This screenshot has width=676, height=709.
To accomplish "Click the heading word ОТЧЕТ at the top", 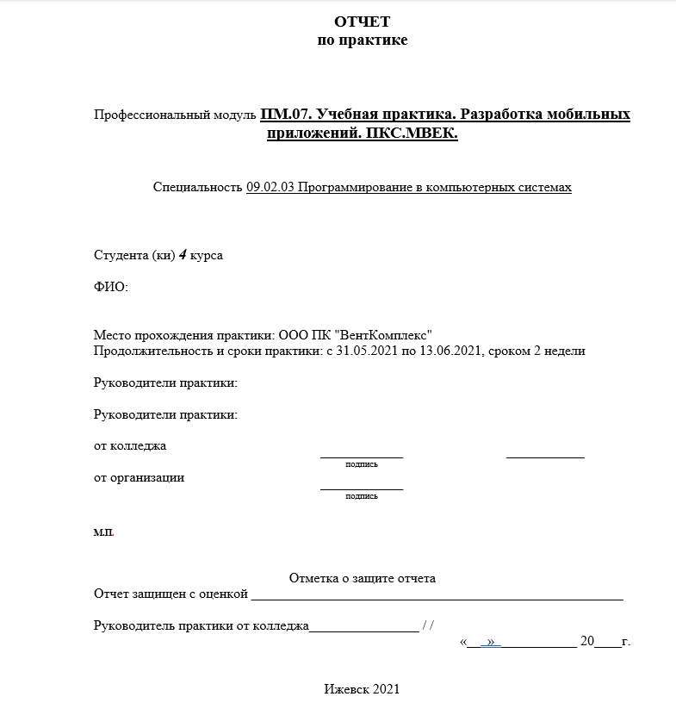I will pyautogui.click(x=362, y=22).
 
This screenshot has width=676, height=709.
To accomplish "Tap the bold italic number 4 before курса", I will pyautogui.click(x=183, y=256).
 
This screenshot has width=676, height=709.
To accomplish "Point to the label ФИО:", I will pyautogui.click(x=110, y=287).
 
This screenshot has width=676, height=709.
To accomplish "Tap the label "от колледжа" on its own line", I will pyautogui.click(x=130, y=446).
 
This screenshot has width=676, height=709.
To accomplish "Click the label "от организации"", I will pyautogui.click(x=139, y=477).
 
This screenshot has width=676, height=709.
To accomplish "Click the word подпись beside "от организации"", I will pyautogui.click(x=362, y=496).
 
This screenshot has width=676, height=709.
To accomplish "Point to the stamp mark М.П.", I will pyautogui.click(x=103, y=532).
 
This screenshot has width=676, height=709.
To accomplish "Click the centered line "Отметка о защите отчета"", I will pyautogui.click(x=363, y=579).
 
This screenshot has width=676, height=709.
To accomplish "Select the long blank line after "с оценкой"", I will pyautogui.click(x=437, y=596).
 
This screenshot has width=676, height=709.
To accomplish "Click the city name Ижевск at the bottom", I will pyautogui.click(x=347, y=689).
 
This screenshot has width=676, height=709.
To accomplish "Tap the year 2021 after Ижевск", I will pyautogui.click(x=387, y=689).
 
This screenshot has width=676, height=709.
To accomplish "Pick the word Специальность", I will pyautogui.click(x=197, y=186).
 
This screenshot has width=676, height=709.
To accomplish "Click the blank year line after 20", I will pyautogui.click(x=607, y=643).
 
